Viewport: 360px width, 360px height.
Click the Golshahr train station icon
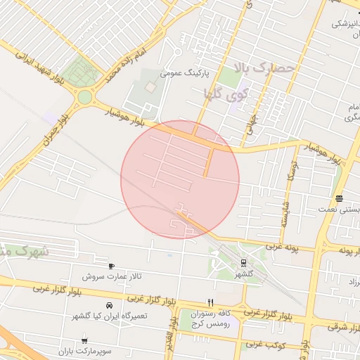[x=243, y=263]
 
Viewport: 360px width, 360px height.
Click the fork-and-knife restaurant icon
[x=210, y=302]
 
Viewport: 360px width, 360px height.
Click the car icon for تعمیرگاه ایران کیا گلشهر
[x=109, y=306]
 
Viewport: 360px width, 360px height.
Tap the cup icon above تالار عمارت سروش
[x=111, y=266]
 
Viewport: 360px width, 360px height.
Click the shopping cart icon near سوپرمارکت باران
[x=84, y=340]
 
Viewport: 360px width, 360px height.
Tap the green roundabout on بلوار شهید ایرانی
[x=86, y=97]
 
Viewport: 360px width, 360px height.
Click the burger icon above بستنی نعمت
[x=340, y=199]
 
